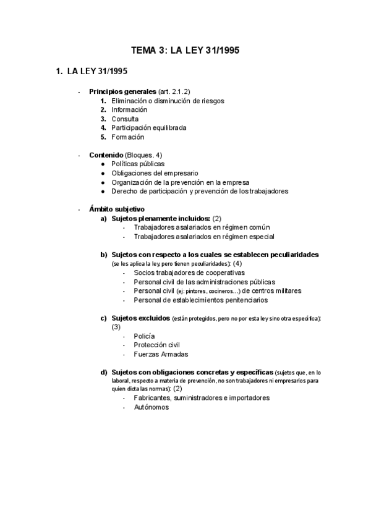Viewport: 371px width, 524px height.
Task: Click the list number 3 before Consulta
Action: [x=103, y=119]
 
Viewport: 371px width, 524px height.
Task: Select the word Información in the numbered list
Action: [x=129, y=109]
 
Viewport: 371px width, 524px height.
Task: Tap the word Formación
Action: [x=127, y=137]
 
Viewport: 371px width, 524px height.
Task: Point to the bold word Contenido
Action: [x=106, y=154]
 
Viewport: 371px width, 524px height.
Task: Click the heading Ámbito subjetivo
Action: [x=117, y=209]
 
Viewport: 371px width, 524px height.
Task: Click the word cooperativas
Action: [x=223, y=273]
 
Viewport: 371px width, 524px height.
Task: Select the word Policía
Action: [x=144, y=336]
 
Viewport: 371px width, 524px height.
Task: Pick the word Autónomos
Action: [x=151, y=408]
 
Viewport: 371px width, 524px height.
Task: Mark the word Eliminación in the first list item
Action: [x=130, y=101]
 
